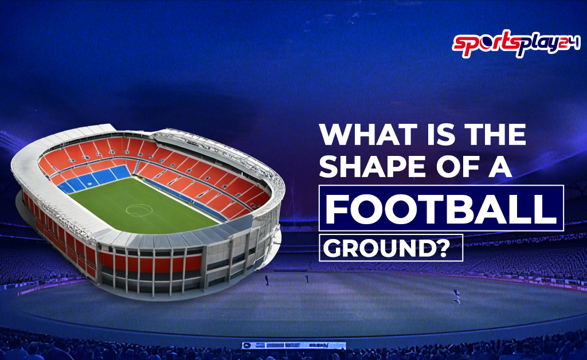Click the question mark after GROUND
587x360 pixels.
click(448, 249)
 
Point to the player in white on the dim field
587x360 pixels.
click(456, 295)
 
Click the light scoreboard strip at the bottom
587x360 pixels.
click(293, 346)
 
